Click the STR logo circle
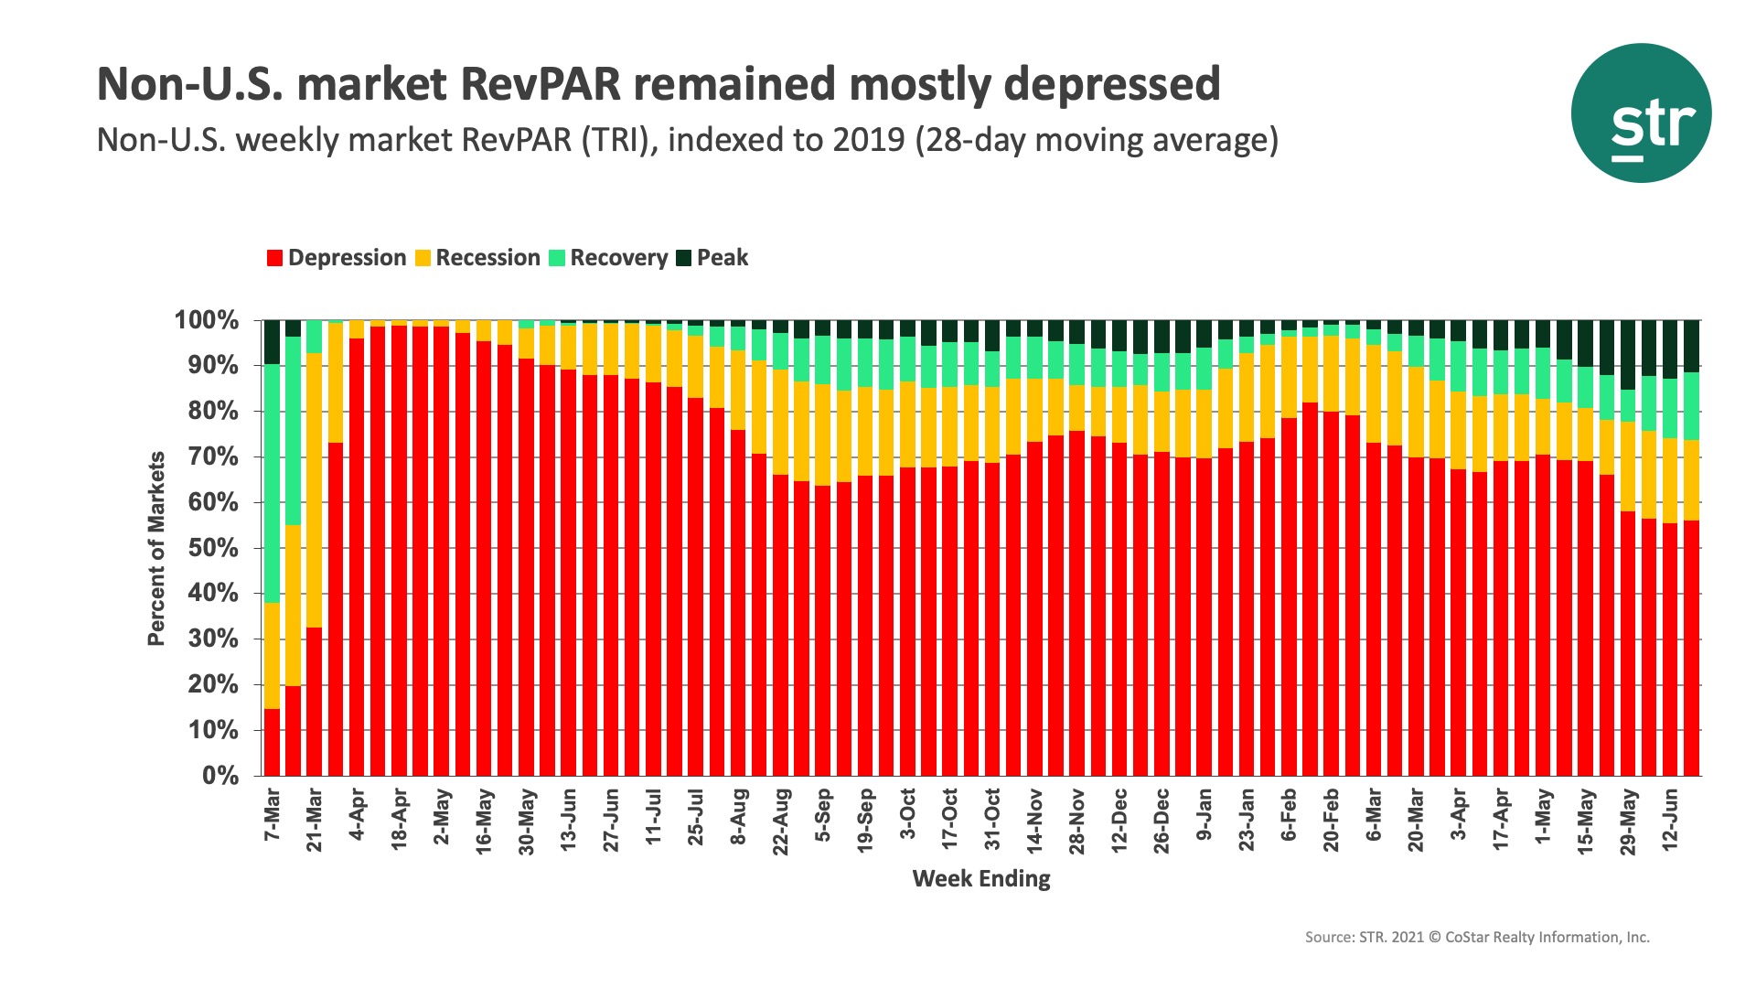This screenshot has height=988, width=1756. click(1641, 113)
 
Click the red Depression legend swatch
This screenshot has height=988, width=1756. click(274, 258)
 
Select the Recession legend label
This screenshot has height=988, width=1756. click(487, 258)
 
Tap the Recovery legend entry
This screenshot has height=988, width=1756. click(618, 258)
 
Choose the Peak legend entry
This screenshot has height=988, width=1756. click(722, 258)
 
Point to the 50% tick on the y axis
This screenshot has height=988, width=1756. click(213, 548)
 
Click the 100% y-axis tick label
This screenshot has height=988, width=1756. click(207, 321)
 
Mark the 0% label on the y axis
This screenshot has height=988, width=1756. click(219, 776)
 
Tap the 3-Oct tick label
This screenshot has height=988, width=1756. click(907, 813)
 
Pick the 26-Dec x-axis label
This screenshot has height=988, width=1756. click(1162, 821)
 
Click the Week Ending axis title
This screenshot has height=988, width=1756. click(981, 879)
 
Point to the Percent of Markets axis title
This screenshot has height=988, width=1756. click(156, 549)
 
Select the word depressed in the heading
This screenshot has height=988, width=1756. click(1111, 84)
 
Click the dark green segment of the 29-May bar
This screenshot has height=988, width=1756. click(1628, 355)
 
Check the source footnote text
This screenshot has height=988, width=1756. click(1477, 938)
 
